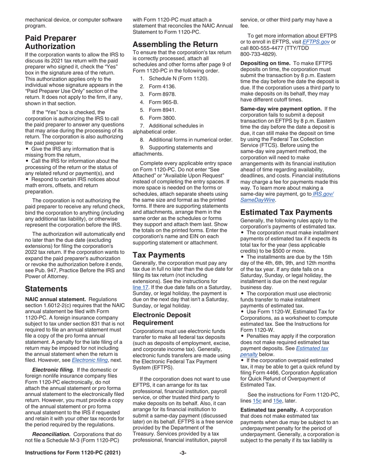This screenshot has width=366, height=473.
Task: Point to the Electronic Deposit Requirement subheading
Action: (x=161, y=319)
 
